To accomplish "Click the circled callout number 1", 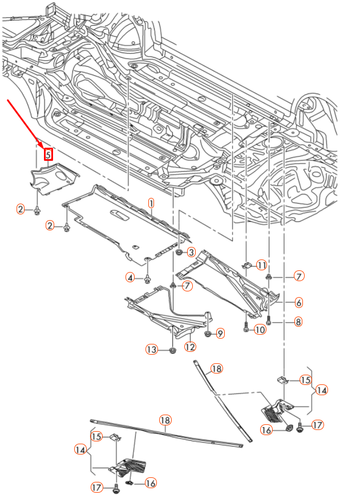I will (152, 203).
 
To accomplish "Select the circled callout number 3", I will (191, 252).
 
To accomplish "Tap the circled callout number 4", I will (131, 278).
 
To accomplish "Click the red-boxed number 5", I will (48, 154).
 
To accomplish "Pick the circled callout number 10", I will (260, 330).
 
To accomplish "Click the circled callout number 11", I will (261, 265).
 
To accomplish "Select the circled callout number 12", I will (190, 346).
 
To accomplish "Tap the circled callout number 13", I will (151, 350).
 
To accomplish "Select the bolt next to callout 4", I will (148, 278).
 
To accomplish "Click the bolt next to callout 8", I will (269, 322).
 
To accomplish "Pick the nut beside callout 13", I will (172, 349).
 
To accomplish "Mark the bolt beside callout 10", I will (246, 328).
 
